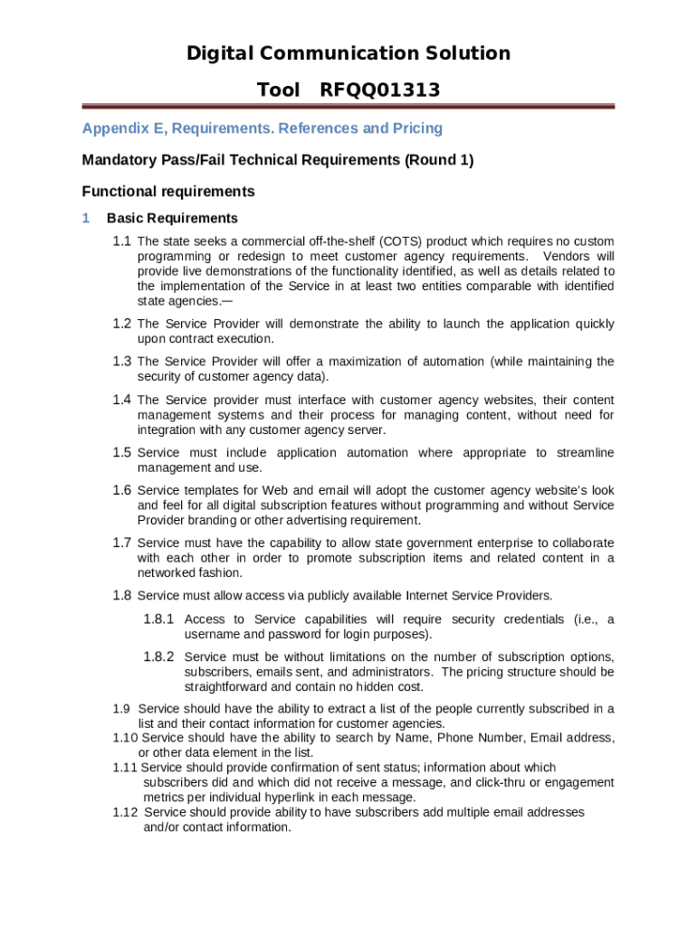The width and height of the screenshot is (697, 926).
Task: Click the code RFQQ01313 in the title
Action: (379, 90)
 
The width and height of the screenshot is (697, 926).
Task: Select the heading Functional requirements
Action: (168, 192)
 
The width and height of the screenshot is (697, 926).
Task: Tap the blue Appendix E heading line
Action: (263, 128)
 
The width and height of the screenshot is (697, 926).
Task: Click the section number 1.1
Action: (122, 241)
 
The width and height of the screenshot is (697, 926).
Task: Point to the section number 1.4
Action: (122, 400)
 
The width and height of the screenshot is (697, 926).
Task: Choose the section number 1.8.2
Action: (159, 657)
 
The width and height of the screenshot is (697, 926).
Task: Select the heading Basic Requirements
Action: (172, 218)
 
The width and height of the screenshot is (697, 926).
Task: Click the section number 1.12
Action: (125, 812)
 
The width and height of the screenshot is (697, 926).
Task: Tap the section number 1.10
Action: (125, 738)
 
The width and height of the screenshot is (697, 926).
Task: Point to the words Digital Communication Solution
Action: (348, 53)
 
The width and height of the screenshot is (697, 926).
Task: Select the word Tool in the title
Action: (278, 90)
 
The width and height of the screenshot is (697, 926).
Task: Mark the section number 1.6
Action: (122, 490)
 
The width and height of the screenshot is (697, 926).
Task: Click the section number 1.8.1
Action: (159, 619)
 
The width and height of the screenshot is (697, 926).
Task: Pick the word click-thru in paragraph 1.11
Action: (509, 782)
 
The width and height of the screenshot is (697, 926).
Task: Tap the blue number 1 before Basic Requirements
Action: (86, 218)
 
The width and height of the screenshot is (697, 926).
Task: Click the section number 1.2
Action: (122, 324)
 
